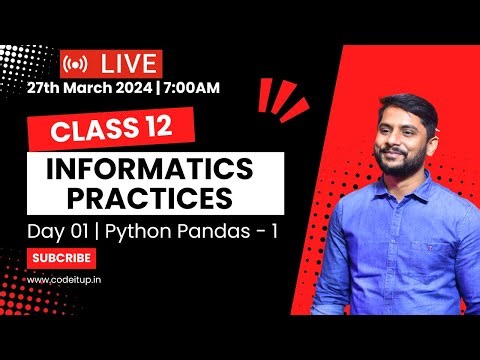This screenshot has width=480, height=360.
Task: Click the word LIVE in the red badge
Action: click(x=128, y=63)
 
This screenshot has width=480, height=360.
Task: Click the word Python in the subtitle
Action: click(x=136, y=233)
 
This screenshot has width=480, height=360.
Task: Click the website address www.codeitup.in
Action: click(x=64, y=279)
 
